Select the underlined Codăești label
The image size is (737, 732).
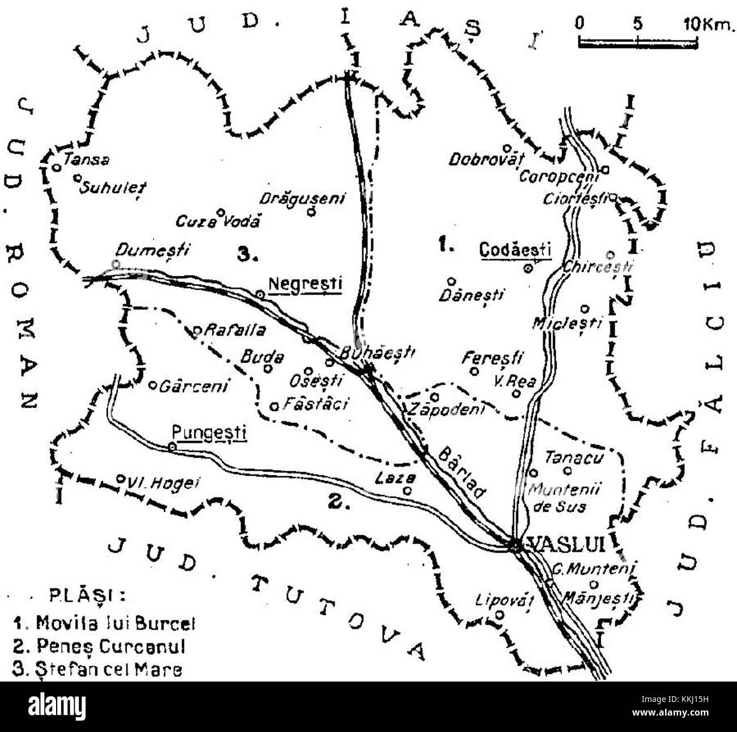tap(515, 249)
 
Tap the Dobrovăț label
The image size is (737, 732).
tap(484, 160)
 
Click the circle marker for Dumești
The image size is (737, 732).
tap(116, 264)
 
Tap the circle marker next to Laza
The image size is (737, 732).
tap(407, 491)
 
